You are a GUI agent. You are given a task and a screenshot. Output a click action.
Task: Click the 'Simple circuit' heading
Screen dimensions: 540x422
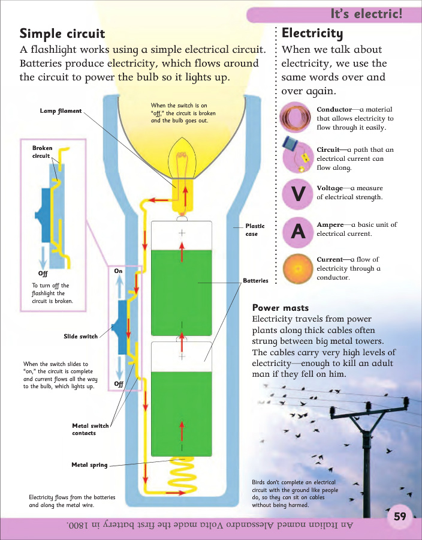click(62, 33)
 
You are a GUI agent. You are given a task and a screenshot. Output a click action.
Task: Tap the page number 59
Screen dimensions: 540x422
click(400, 517)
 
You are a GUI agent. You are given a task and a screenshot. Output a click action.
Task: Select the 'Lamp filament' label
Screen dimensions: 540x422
click(61, 111)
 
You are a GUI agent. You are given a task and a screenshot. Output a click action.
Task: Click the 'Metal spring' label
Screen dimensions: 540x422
click(90, 464)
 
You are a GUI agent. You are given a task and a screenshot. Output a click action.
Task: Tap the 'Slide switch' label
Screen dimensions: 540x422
click(80, 337)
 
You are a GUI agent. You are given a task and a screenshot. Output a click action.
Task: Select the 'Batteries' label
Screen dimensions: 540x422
click(255, 281)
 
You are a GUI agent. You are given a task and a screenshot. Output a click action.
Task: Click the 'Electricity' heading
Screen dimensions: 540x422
click(312, 32)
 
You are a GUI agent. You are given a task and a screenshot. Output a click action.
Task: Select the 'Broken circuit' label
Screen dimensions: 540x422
click(42, 152)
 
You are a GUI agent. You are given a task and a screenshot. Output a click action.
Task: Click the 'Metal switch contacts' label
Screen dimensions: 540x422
click(91, 430)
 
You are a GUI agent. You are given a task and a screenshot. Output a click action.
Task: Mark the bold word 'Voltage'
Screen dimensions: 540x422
click(330, 188)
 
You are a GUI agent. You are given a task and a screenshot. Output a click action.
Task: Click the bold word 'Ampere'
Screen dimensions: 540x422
click(330, 224)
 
